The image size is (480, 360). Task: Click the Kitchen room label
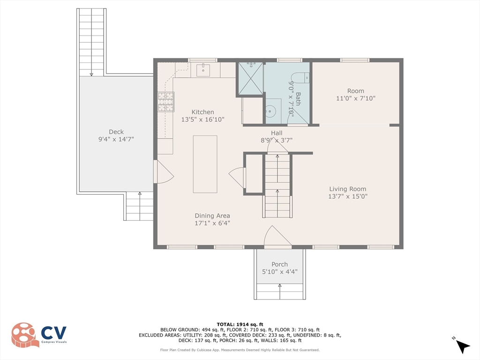pos(202,112)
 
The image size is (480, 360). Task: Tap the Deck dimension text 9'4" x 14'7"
pos(116,139)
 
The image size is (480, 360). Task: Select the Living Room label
pos(347,189)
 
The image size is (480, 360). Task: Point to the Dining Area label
pos(212,216)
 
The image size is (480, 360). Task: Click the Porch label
pos(279,264)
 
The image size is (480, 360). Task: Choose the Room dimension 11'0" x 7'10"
pos(355,98)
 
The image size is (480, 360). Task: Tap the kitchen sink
pos(203,70)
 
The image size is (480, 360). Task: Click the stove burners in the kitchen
pos(166,102)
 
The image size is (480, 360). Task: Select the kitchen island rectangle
pos(205,164)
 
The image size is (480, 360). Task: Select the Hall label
pos(277,133)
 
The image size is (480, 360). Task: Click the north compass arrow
pos(462,346)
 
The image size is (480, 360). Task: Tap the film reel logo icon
pos(25,335)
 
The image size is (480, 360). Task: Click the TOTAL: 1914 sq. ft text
pos(240,324)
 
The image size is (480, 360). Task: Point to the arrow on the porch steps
pos(279,292)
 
